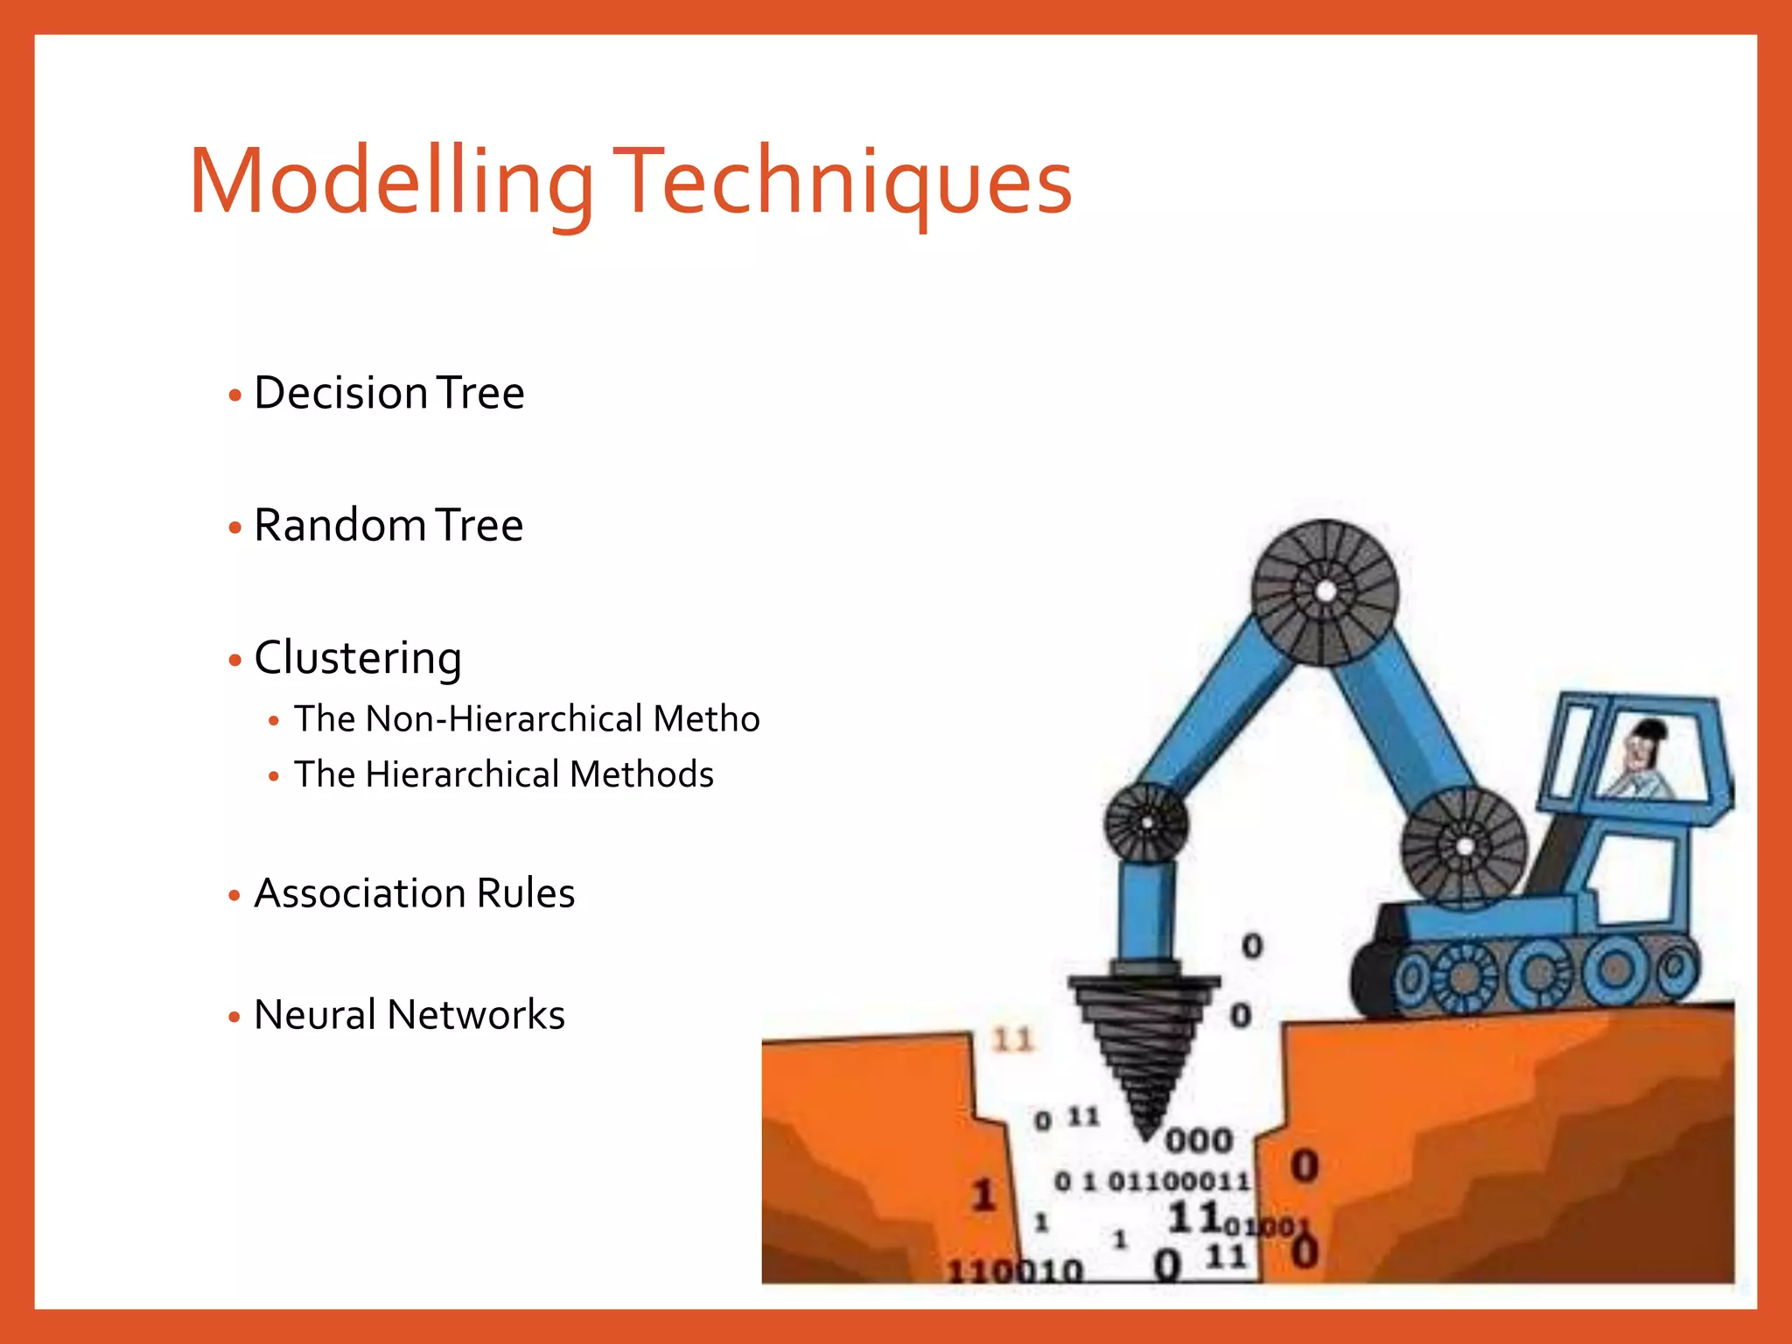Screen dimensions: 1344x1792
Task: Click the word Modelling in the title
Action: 391,182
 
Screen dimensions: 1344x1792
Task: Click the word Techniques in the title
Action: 842,182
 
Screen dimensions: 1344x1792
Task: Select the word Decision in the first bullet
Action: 340,393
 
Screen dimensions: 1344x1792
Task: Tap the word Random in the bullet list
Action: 339,525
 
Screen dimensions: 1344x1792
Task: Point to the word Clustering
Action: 358,658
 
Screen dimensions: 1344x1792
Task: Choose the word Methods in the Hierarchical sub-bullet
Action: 641,774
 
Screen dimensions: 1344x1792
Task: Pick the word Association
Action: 360,893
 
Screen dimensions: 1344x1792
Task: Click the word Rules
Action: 526,893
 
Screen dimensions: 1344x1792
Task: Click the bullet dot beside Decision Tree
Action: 234,395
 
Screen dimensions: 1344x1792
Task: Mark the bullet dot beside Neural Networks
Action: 234,1018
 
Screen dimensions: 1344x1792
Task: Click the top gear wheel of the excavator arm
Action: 1325,591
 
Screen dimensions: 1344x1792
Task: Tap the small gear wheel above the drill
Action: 1146,822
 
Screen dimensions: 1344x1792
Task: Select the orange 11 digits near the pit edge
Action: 1013,1040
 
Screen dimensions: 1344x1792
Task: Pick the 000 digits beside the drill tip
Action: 1199,1140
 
